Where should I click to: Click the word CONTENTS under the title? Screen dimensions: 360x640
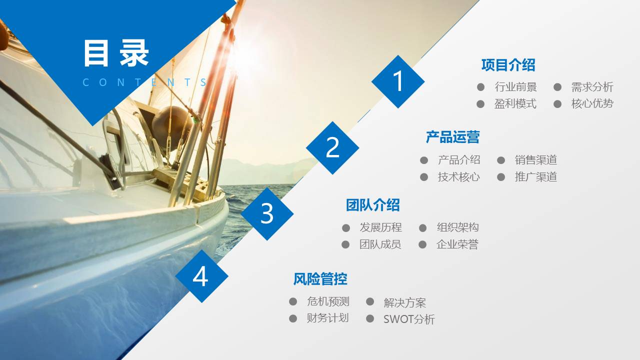(145, 82)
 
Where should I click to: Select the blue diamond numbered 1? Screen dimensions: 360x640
(398, 81)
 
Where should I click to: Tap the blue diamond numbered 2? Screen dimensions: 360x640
(332, 147)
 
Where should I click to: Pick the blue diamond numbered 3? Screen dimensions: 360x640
(267, 213)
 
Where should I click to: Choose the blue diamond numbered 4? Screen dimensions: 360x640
(201, 276)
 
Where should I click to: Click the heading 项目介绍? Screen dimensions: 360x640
(508, 65)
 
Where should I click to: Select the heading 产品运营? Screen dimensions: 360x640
(452, 137)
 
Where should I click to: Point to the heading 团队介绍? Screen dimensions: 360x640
(372, 205)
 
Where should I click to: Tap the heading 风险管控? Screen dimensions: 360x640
(320, 279)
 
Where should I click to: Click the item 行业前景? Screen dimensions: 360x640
(515, 87)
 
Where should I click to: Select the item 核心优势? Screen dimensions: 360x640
(592, 104)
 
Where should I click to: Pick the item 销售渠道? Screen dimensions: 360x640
(535, 160)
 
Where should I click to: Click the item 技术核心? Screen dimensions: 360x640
(458, 177)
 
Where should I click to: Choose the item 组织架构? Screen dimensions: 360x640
(457, 227)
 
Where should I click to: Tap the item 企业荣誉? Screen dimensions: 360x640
(457, 244)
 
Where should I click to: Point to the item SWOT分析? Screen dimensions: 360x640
(409, 319)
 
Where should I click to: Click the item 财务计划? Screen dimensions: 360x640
(327, 318)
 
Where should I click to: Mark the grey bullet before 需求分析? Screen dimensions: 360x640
(557, 87)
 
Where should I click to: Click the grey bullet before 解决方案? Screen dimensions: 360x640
(370, 301)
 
